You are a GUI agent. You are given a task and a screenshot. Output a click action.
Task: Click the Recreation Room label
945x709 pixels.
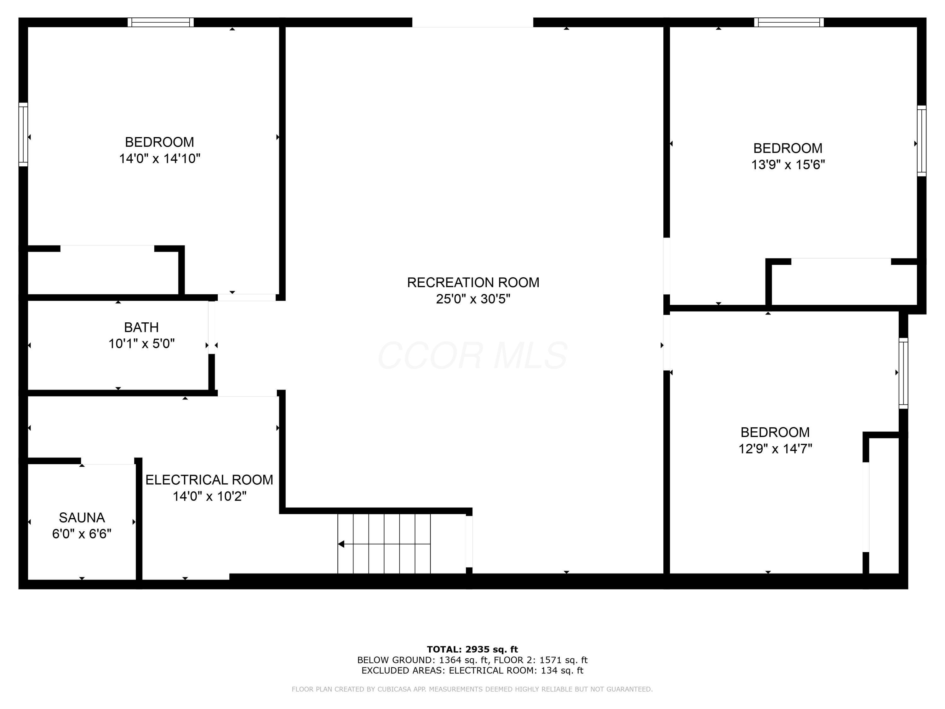tap(472, 282)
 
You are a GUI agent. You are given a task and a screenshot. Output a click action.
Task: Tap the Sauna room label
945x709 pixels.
tap(82, 517)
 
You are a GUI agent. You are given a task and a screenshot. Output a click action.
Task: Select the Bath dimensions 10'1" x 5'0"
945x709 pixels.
tap(141, 343)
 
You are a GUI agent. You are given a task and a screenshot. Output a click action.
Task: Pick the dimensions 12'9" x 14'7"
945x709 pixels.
tap(775, 449)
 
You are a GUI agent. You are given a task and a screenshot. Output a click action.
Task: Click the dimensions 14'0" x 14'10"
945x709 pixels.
tap(159, 159)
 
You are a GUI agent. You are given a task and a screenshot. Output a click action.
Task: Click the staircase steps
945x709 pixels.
tap(385, 544)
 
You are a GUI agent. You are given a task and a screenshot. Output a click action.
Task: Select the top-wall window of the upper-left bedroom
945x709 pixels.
tap(161, 22)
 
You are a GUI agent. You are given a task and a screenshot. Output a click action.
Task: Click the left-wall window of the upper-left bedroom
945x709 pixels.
tap(23, 134)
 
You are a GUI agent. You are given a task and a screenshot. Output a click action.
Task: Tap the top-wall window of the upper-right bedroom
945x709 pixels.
tap(789, 22)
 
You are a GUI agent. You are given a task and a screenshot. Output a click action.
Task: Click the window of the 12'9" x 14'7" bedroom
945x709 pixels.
tap(903, 373)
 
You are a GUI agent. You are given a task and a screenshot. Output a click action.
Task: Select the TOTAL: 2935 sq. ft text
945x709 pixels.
tap(472, 649)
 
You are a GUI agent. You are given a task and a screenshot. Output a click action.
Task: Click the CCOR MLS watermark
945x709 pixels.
tap(472, 355)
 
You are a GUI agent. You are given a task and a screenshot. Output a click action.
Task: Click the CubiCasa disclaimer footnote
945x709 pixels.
tap(472, 689)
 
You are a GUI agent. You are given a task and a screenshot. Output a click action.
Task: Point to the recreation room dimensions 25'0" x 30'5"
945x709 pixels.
tap(472, 299)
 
